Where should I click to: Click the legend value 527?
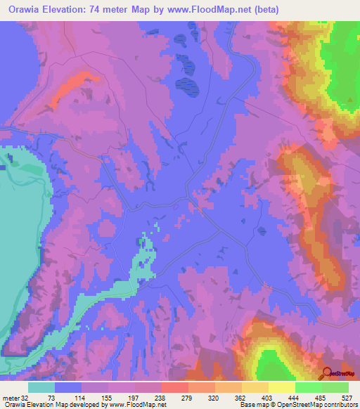(347, 398)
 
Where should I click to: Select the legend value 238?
(160, 398)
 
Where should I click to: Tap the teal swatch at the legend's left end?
(41, 387)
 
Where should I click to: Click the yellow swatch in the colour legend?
(281, 387)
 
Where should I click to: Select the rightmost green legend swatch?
(335, 387)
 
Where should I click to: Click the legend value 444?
(295, 398)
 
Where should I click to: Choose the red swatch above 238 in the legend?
(174, 387)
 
